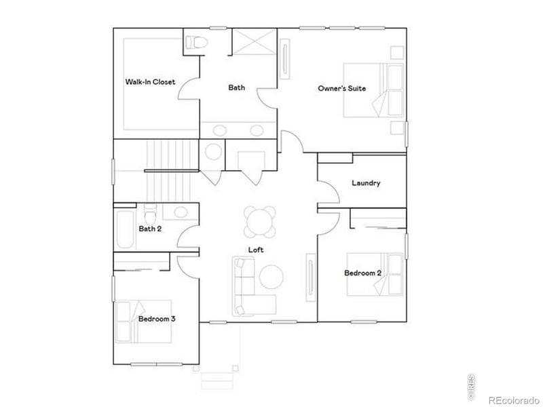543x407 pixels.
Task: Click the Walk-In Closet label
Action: (149, 82)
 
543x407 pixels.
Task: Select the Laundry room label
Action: (366, 183)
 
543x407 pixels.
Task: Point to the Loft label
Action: (256, 250)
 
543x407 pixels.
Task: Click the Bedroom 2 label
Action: (362, 273)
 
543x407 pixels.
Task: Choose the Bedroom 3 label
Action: (157, 317)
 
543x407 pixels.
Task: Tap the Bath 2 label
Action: (150, 229)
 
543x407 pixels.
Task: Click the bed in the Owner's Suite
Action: (373, 90)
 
